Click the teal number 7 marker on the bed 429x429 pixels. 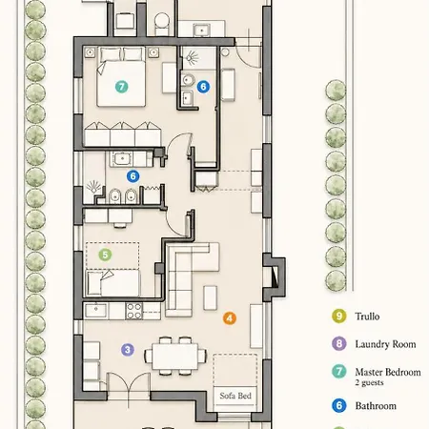[x=121, y=87]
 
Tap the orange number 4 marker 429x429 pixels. [x=230, y=317]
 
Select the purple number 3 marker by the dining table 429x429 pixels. [x=128, y=350]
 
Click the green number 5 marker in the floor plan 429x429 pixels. [x=105, y=255]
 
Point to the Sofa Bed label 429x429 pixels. [x=235, y=396]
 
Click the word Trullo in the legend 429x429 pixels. [x=367, y=317]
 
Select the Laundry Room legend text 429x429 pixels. [x=385, y=344]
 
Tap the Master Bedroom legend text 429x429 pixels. [x=388, y=372]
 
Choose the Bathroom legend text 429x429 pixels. [x=376, y=406]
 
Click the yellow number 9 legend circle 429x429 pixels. [x=339, y=317]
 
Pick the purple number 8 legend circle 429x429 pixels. [x=339, y=344]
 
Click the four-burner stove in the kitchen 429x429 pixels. [x=134, y=311]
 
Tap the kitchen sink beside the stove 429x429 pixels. [x=96, y=311]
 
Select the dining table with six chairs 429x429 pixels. [x=175, y=357]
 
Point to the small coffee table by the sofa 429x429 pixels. [x=210, y=297]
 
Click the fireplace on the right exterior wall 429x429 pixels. [x=274, y=277]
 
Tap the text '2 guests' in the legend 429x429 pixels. [x=369, y=382]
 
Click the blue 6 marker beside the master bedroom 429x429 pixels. [x=203, y=87]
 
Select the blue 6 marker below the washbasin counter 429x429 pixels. [x=133, y=176]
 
